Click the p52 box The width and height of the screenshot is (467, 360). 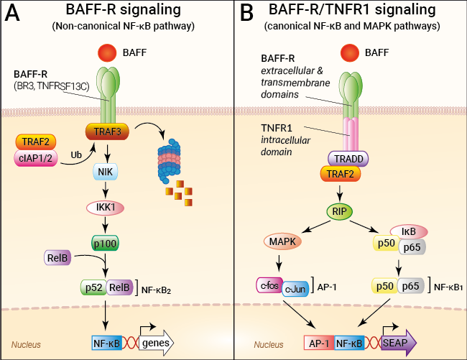93,287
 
